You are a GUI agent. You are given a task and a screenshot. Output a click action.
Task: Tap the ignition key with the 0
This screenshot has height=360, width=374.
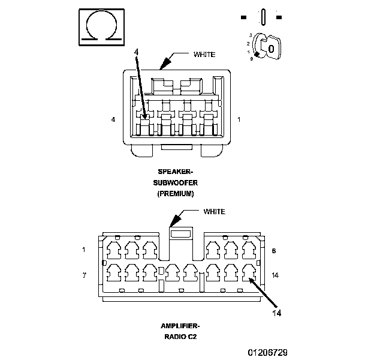tap(271, 47)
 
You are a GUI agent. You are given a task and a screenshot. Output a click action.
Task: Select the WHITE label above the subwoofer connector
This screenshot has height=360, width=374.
tap(204, 55)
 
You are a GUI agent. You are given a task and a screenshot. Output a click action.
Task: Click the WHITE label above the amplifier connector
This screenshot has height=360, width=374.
tap(214, 212)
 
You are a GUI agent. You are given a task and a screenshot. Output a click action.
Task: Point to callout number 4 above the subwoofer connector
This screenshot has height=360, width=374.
tap(136, 52)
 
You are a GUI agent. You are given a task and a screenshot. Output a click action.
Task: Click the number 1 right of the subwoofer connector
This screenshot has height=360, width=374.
tap(239, 119)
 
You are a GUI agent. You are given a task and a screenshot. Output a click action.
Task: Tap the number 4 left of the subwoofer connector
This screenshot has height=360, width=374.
tap(113, 119)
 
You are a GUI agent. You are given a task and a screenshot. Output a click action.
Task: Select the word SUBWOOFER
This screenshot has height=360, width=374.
tap(175, 183)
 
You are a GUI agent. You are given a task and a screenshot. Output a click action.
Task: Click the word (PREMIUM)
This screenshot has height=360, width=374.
tap(176, 193)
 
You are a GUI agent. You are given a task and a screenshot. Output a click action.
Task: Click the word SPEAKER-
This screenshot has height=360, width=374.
tap(175, 172)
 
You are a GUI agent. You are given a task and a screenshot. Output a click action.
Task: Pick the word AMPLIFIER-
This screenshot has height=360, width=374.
tap(180, 326)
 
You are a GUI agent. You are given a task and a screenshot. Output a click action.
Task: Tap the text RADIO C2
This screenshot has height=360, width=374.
tap(180, 337)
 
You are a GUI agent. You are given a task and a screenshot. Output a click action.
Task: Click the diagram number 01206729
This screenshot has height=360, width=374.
tap(268, 352)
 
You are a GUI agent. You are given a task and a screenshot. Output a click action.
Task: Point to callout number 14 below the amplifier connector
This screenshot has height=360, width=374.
tap(277, 313)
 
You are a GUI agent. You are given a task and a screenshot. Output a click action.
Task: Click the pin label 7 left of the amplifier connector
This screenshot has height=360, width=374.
tap(84, 275)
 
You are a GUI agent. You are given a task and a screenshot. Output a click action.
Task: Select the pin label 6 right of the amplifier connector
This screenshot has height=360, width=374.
tap(274, 251)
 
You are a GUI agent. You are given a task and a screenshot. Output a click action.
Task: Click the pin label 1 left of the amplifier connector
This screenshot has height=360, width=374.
tap(84, 250)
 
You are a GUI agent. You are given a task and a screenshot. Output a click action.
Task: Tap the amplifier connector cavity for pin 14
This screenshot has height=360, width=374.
tap(249, 272)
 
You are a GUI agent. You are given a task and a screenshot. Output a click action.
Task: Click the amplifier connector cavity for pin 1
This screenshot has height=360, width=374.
tap(114, 250)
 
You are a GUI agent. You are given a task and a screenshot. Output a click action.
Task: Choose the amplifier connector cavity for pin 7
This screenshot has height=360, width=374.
tap(114, 272)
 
